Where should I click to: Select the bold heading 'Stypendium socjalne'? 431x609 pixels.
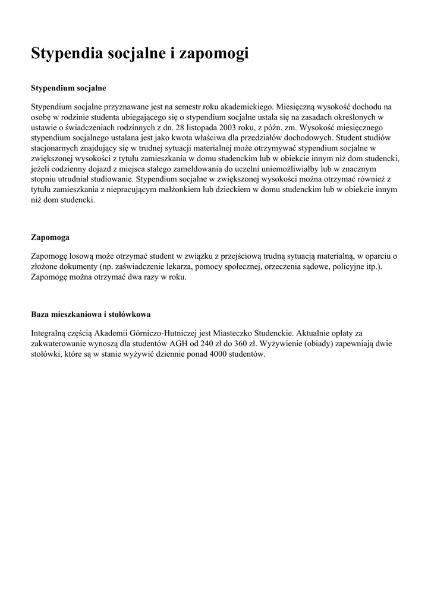tap(68, 88)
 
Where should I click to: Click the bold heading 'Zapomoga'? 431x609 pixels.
tap(50, 237)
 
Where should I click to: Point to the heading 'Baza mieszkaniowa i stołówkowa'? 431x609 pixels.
tap(95, 313)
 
